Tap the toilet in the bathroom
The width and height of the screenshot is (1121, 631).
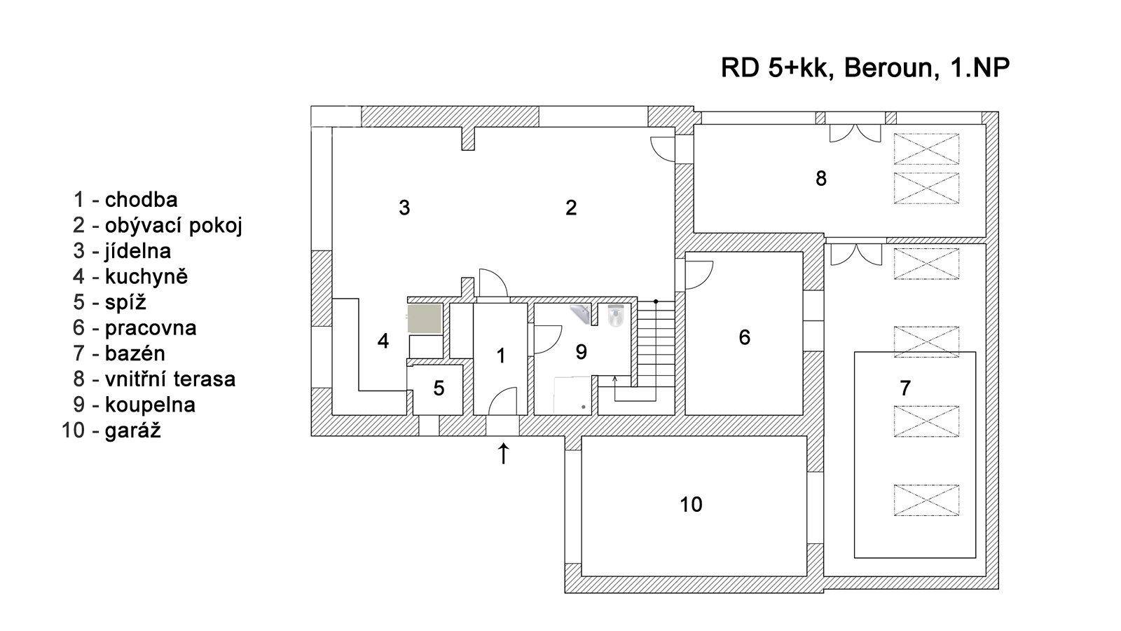pos(615,315)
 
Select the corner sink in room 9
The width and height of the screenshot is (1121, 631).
pos(582,313)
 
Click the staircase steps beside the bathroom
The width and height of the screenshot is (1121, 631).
pos(656,344)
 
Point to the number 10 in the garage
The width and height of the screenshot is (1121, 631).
pos(691,504)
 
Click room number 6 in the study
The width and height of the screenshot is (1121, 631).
pos(744,337)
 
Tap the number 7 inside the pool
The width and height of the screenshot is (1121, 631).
pos(905,388)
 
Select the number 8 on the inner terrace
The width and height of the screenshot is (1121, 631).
pos(821,179)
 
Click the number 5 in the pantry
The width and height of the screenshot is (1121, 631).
pos(439,388)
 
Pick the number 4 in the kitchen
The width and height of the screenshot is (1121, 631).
pos(383,341)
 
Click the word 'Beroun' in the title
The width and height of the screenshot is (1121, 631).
pos(887,68)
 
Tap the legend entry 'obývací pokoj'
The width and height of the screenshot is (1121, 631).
pos(173,226)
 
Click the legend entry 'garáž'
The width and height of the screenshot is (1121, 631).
pos(132,430)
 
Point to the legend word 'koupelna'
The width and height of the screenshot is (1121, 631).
pos(150,405)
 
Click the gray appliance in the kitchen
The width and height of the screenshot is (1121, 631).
pos(425,318)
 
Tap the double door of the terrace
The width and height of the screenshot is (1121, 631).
pos(855,133)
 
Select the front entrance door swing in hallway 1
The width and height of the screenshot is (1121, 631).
pos(502,402)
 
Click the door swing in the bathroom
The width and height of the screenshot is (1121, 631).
pos(547,339)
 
